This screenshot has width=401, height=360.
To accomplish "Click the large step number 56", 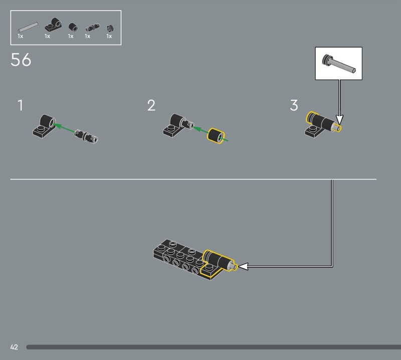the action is coord(21,60).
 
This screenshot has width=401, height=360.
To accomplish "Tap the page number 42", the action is coord(14,347).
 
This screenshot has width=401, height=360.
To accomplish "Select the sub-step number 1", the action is coord(20,105).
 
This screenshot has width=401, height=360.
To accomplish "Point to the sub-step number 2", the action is coord(151,105).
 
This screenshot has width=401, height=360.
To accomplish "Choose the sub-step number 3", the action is coord(294,105).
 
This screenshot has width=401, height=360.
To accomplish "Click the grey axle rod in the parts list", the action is coord(28,27).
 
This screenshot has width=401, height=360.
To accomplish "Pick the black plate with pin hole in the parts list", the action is coord(54,25).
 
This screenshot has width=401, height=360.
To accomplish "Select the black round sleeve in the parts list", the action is coord(73,27).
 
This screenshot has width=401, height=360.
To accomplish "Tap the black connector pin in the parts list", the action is coord(93,28).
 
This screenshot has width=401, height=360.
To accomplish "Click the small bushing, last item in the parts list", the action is coord(110,28).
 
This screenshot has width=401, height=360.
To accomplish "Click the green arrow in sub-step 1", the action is coord(65,128).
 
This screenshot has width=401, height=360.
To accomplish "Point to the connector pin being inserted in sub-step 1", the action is coord(86,136).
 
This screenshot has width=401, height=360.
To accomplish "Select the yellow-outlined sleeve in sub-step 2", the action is coord(216,136).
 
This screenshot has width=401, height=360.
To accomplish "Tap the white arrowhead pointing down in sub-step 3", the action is coord(339,120).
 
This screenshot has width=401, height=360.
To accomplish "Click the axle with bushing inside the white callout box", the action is coord(339,64).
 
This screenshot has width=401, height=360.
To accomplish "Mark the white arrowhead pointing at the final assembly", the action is coord(243,266).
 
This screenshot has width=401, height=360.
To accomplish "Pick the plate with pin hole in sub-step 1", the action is coord(44,126).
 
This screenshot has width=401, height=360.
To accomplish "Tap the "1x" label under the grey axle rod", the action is coord(21,36).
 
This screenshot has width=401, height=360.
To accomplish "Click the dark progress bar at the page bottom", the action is coord(214,347).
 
